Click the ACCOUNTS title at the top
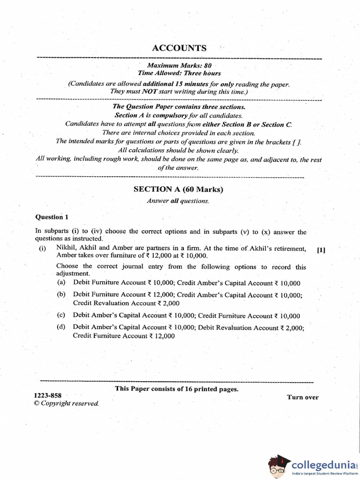coord(179,48)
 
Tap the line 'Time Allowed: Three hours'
coord(179,74)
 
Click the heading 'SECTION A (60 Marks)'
coord(178,190)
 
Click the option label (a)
coord(61,283)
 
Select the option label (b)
coord(61,294)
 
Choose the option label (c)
coord(61,315)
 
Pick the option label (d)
coord(61,327)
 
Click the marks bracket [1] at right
coord(321,250)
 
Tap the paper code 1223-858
coord(47,395)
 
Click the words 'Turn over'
coord(302,397)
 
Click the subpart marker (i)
coord(43,249)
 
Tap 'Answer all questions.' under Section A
coord(178,201)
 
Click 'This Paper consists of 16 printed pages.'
coord(177,389)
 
